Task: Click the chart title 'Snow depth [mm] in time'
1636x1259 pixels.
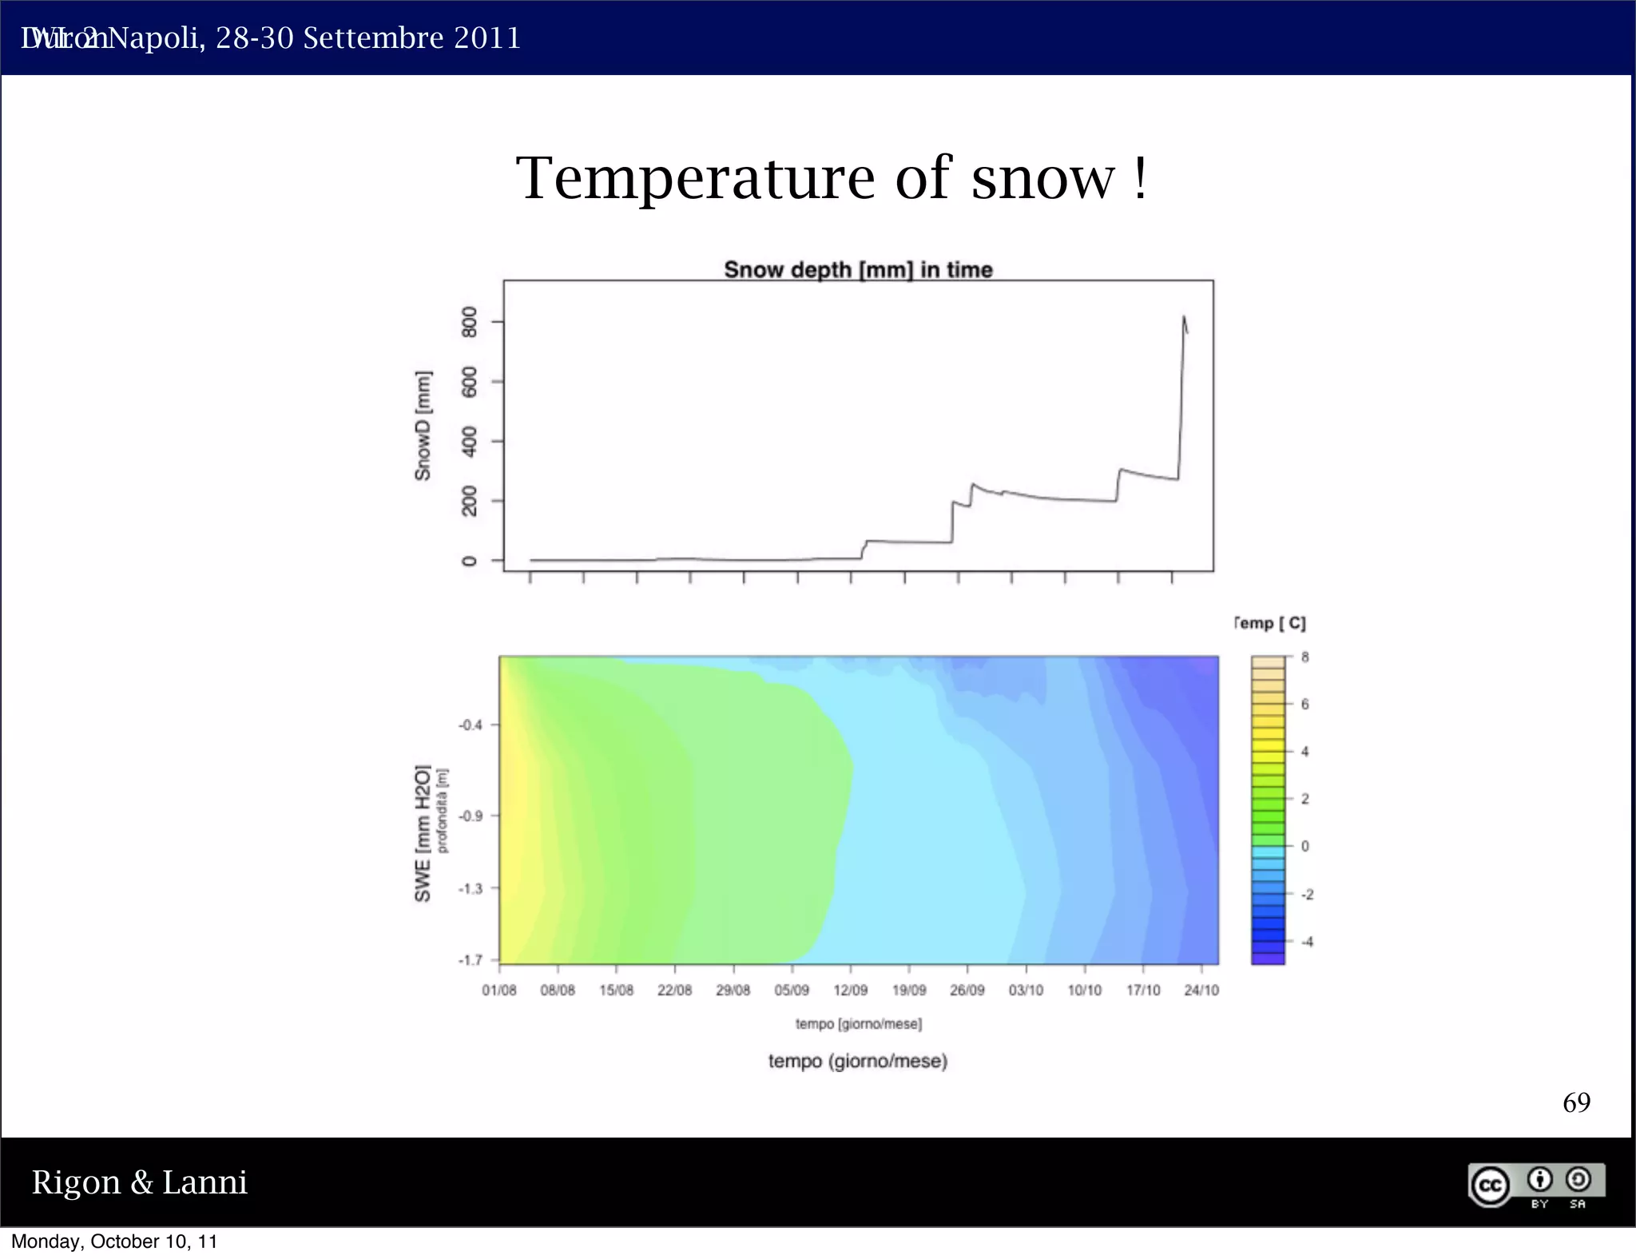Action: coord(858,270)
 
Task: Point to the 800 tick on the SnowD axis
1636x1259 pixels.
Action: coord(470,322)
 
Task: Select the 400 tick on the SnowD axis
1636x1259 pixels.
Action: coord(470,441)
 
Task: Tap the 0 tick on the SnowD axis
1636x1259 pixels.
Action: coord(470,561)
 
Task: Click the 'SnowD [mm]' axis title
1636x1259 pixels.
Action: coord(423,425)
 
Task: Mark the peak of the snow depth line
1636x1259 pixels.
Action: coord(1183,317)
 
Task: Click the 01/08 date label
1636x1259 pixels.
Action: coord(499,991)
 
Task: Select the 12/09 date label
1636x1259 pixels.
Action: coord(850,991)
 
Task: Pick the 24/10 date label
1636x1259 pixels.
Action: coord(1201,991)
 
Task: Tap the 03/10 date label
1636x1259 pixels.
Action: coord(1026,991)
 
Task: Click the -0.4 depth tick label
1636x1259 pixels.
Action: coord(471,725)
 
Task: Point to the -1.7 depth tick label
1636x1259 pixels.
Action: coord(471,960)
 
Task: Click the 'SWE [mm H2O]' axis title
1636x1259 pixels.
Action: coord(423,833)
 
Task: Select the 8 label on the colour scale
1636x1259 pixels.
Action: coord(1305,657)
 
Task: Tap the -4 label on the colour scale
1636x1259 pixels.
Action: coord(1307,942)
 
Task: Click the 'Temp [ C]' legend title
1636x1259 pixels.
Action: coord(1270,623)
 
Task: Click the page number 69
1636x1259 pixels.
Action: coord(1576,1102)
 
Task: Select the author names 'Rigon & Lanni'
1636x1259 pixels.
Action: coord(140,1182)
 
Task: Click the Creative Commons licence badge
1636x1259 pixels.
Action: coord(1536,1185)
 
